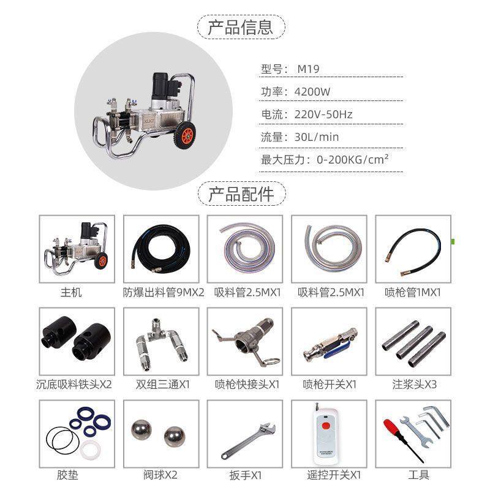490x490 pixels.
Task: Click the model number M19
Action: point(308,69)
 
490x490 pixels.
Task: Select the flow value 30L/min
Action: point(317,137)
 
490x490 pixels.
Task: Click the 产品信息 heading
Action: point(244,28)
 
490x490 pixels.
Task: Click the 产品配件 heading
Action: point(244,194)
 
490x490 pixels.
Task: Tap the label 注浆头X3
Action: point(413,385)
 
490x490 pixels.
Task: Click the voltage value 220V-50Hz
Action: point(323,115)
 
